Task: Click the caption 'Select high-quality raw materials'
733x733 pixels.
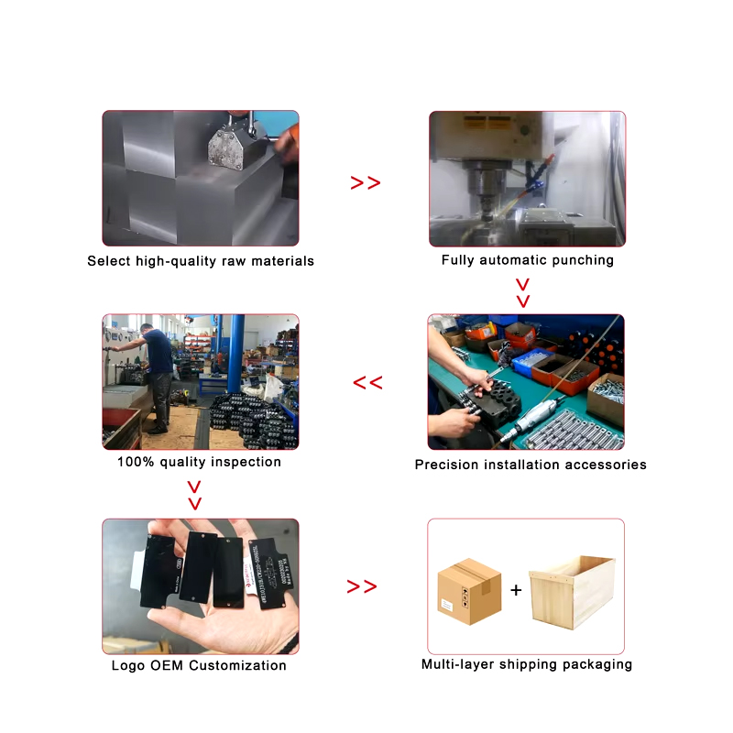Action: point(201,261)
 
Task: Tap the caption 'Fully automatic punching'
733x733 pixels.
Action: point(528,260)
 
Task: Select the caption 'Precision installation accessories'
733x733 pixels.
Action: point(531,465)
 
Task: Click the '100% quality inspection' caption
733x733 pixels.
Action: point(199,462)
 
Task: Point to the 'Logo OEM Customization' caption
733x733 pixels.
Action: point(199,666)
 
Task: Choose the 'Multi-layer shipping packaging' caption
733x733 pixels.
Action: point(527,664)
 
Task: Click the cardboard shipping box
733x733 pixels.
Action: point(469,592)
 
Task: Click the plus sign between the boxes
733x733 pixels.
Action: point(516,590)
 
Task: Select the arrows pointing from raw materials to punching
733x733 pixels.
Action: point(366,183)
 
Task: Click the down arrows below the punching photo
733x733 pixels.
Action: point(523,292)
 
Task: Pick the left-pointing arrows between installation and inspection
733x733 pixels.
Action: point(367,383)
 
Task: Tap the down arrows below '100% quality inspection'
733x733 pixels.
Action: point(194,495)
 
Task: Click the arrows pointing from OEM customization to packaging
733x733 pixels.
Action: point(362,586)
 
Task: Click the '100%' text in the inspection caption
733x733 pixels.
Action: point(136,462)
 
